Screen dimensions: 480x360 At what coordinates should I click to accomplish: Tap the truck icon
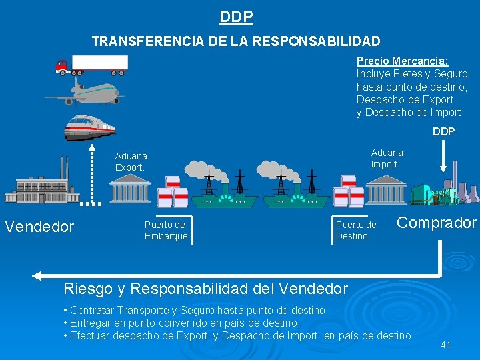click(x=92, y=64)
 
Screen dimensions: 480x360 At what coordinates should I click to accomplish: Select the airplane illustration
click(x=85, y=91)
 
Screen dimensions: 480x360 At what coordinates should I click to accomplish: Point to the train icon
click(x=89, y=127)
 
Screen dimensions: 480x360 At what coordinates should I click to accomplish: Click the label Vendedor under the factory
click(x=39, y=227)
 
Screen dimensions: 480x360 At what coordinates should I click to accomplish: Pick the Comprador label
click(x=437, y=223)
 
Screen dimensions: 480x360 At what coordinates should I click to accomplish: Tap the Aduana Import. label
click(x=387, y=158)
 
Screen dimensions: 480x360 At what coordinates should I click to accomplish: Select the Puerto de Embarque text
click(x=166, y=230)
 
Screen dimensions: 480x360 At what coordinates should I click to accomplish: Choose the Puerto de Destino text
click(x=356, y=230)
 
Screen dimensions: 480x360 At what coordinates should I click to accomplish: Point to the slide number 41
click(x=446, y=345)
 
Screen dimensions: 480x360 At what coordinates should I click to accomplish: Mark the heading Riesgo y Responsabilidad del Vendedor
click(x=205, y=289)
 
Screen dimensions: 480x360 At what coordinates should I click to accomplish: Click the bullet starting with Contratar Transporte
click(x=194, y=310)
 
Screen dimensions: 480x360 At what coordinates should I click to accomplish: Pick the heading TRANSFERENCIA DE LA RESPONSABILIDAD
click(x=236, y=41)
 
